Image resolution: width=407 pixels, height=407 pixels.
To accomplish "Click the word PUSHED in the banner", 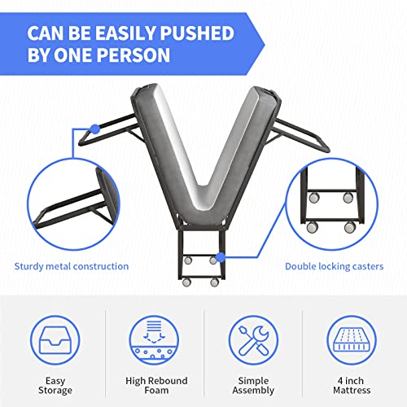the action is pyautogui.click(x=197, y=33).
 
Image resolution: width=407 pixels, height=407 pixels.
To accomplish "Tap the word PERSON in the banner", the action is pyautogui.click(x=133, y=55).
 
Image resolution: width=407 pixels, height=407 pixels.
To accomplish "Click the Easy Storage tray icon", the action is pyautogui.click(x=55, y=340).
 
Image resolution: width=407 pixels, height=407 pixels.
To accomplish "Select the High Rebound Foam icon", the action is pyautogui.click(x=154, y=340).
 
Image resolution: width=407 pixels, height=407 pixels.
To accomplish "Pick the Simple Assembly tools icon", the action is pyautogui.click(x=253, y=340).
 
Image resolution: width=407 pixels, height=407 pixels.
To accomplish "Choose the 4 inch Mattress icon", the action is pyautogui.click(x=352, y=340).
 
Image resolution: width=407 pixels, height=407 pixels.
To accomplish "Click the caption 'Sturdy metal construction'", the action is pyautogui.click(x=72, y=266).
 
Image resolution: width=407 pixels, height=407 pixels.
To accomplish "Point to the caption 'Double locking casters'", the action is pyautogui.click(x=335, y=266).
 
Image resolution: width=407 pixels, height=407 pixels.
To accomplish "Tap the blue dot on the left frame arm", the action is pyautogui.click(x=95, y=129).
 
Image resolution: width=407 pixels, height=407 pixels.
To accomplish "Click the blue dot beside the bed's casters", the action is pyautogui.click(x=221, y=257).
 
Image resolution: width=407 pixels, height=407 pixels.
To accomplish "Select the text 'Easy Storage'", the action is pyautogui.click(x=55, y=385).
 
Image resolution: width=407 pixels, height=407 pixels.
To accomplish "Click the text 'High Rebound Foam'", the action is pyautogui.click(x=156, y=385).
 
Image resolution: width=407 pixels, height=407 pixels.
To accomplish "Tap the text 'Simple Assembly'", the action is pyautogui.click(x=253, y=385).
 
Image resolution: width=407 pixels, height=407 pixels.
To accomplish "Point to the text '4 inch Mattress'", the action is pyautogui.click(x=352, y=385).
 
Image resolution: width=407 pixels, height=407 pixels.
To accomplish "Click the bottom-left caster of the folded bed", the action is pyautogui.click(x=186, y=282).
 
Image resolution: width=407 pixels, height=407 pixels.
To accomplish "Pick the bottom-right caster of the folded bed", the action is pyautogui.click(x=215, y=282).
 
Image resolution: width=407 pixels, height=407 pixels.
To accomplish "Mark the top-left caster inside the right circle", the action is pyautogui.click(x=314, y=198).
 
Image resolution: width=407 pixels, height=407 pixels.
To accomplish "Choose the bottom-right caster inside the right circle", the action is pyautogui.click(x=350, y=227).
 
